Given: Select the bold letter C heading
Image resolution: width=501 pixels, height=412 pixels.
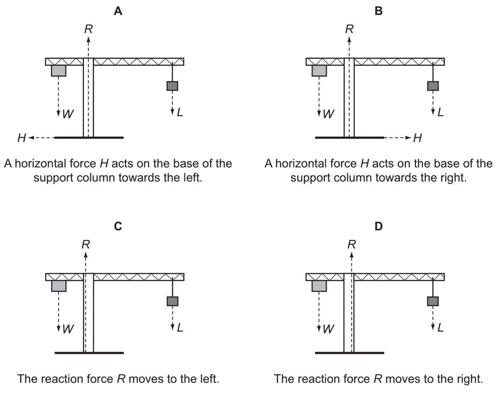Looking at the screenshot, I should pos(118,226).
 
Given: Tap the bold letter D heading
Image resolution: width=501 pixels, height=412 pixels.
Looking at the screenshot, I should pos(379,226).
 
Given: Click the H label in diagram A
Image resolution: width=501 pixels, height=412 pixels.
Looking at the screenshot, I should pos(22,138).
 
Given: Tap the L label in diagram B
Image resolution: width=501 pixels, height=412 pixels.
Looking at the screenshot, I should pos(440,113).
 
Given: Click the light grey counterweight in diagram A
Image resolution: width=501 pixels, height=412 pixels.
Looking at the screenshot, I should pos(59,70).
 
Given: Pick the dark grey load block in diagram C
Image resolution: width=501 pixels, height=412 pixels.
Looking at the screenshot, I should pos(172,301).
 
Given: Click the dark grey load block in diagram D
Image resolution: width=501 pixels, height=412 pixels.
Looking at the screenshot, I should pos(433,301).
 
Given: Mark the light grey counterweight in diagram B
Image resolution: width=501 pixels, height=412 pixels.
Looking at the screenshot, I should pos(319,70).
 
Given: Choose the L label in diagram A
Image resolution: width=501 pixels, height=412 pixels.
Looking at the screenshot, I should pos(180,113).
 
